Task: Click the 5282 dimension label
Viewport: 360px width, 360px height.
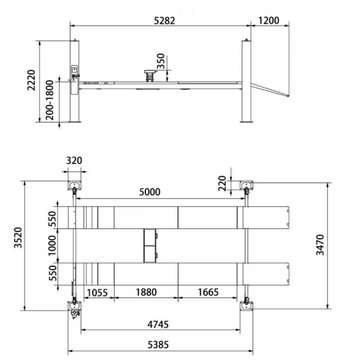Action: pyautogui.click(x=164, y=21)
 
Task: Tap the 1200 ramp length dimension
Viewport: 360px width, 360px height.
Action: pyautogui.click(x=269, y=20)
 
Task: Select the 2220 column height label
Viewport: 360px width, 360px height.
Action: pyautogui.click(x=31, y=80)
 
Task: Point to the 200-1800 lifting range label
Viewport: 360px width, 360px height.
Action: pyautogui.click(x=49, y=100)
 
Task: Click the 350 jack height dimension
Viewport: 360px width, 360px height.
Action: pyautogui.click(x=161, y=61)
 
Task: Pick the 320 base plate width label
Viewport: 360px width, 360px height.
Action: pyautogui.click(x=74, y=161)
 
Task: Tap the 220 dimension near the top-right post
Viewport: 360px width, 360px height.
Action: pyautogui.click(x=222, y=184)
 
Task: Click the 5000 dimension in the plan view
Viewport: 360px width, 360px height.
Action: pyautogui.click(x=150, y=192)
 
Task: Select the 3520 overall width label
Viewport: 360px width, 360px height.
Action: pyautogui.click(x=18, y=238)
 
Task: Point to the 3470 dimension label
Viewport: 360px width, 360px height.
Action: pyautogui.click(x=320, y=245)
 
